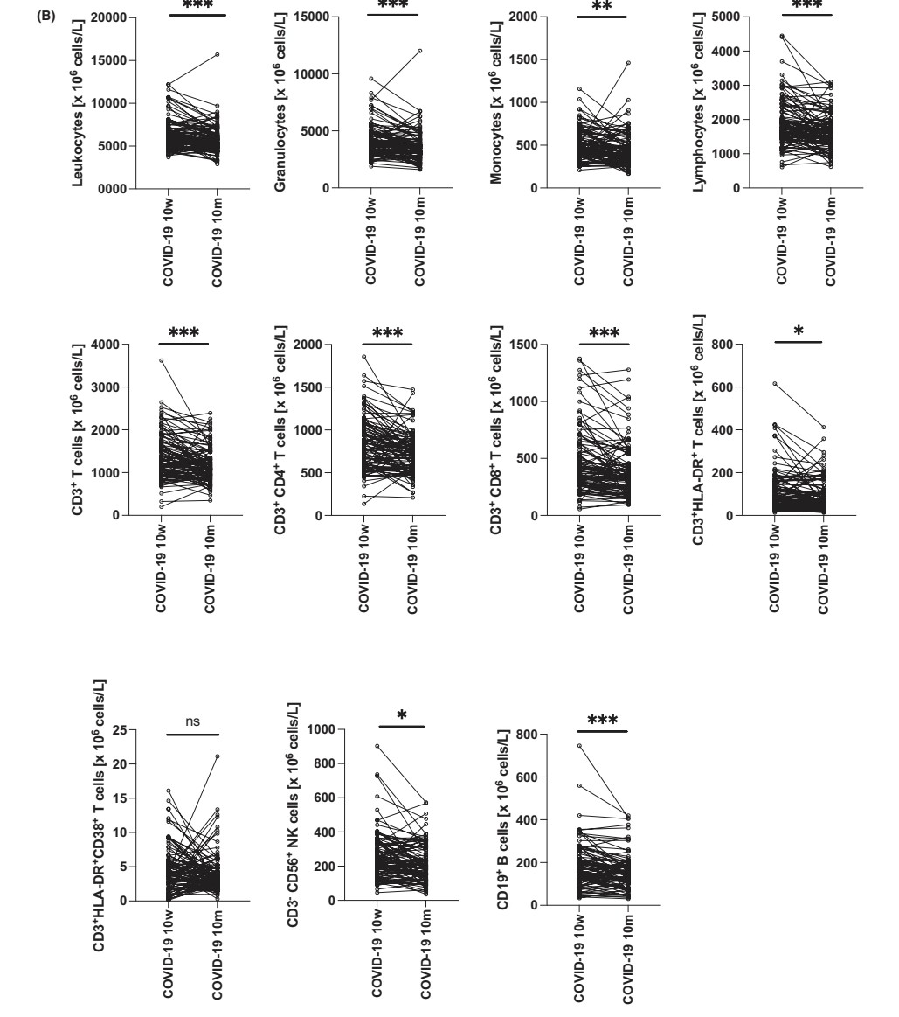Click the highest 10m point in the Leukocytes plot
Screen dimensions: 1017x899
pyautogui.click(x=217, y=54)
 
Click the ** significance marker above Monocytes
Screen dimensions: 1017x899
pyautogui.click(x=602, y=7)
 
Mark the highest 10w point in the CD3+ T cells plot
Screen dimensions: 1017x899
pyautogui.click(x=162, y=360)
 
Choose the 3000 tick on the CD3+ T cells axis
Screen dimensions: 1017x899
pyautogui.click(x=107, y=387)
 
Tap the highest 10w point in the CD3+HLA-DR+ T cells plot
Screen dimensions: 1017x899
pyautogui.click(x=775, y=384)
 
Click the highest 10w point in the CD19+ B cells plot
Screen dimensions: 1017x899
pyautogui.click(x=579, y=746)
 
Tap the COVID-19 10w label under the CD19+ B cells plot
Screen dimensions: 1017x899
pyautogui.click(x=579, y=958)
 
